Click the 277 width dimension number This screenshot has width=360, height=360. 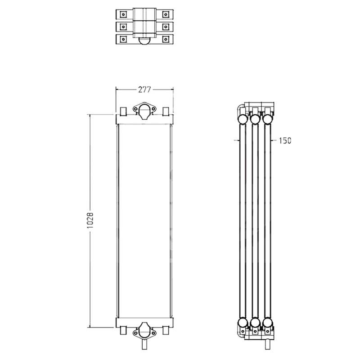click(x=144, y=90)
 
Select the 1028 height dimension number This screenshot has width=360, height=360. click(x=90, y=221)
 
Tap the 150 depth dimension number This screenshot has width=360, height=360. click(x=285, y=141)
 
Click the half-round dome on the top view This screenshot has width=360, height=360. click(x=144, y=42)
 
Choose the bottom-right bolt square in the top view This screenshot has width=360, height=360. click(x=166, y=40)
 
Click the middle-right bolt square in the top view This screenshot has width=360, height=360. click(x=166, y=27)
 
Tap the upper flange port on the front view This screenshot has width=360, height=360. click(x=144, y=111)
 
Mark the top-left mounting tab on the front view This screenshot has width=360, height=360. click(x=122, y=111)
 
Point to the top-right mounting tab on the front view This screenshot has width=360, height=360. click(x=166, y=111)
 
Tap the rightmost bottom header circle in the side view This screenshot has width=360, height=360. click(x=268, y=323)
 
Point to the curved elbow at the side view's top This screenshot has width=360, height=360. click(x=238, y=109)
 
